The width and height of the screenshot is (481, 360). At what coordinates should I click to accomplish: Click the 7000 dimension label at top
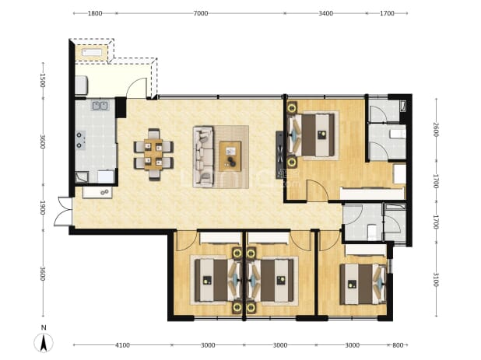coord(201,13)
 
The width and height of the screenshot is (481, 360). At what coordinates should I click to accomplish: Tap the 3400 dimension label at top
coord(326,13)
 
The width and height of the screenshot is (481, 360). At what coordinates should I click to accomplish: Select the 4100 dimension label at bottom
coord(122,345)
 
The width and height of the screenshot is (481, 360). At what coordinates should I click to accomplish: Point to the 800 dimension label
coord(398,345)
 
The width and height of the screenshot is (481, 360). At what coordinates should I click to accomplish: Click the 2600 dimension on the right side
coord(436,130)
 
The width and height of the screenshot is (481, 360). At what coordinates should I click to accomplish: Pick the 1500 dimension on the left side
coord(43,80)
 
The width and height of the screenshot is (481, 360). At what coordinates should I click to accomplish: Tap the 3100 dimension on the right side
coord(436,280)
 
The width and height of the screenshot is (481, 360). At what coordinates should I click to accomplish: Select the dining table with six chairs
coord(153,155)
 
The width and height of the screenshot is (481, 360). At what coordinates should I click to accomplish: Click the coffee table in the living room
coord(230,156)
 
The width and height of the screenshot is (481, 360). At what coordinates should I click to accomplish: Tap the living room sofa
coord(203,156)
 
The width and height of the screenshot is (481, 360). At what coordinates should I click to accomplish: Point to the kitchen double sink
coord(100,106)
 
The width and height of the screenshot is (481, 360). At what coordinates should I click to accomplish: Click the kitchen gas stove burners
coord(81,140)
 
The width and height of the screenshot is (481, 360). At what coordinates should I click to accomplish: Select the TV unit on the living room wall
coord(279,155)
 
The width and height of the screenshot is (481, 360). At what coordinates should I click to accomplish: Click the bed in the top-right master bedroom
coord(311,135)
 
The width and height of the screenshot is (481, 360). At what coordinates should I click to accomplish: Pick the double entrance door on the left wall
coord(63,211)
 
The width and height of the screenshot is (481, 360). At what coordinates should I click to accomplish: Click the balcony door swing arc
coord(137,86)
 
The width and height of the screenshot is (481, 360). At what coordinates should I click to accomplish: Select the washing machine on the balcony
coord(82,85)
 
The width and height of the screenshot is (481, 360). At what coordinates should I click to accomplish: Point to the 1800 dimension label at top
coord(95,13)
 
